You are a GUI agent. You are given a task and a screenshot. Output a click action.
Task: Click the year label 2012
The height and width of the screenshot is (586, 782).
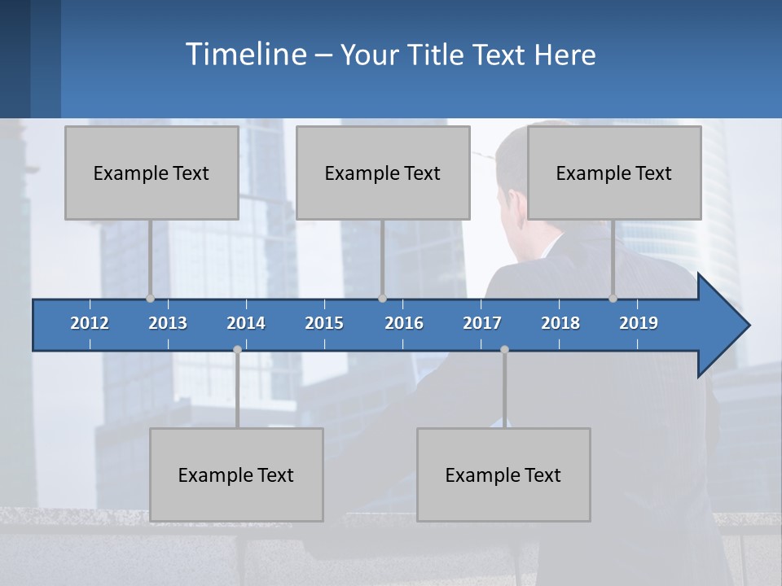(90, 323)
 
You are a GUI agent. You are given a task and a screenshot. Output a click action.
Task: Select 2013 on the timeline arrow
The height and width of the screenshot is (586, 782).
(168, 323)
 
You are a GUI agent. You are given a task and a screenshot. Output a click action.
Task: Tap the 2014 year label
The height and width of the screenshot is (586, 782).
(246, 323)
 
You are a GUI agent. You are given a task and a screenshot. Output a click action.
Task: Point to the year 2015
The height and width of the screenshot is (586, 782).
(324, 323)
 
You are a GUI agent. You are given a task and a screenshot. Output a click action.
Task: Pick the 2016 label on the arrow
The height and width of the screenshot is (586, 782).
(404, 323)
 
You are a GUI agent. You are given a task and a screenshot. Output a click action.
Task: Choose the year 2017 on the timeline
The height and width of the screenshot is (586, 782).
(482, 323)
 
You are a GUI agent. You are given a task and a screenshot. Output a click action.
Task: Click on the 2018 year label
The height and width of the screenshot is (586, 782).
(560, 323)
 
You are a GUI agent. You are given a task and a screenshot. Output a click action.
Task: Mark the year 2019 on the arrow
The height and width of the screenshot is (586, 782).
(639, 323)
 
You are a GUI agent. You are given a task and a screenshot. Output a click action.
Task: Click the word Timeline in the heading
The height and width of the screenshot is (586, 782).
(245, 55)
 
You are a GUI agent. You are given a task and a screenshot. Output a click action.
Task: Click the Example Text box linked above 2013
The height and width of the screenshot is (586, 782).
(152, 173)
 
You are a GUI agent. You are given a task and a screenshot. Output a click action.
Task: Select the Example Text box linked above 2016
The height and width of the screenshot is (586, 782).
(383, 173)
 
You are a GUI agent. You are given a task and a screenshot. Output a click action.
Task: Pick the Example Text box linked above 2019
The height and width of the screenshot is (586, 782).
(614, 173)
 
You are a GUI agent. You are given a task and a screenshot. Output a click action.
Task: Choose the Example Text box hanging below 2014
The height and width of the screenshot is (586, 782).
(236, 474)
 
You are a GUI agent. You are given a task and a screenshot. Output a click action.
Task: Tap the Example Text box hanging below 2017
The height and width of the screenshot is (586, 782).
(503, 474)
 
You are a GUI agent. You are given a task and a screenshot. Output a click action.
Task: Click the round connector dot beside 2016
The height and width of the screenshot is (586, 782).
(383, 299)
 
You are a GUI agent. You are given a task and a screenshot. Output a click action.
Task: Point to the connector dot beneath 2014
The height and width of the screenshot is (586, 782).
(237, 350)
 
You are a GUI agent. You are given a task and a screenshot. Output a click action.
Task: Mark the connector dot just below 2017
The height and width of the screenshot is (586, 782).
(504, 350)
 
